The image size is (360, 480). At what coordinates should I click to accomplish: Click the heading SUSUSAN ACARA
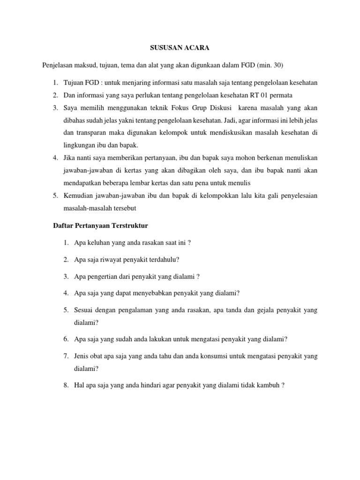click(180, 47)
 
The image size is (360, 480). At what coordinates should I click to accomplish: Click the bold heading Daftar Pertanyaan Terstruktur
click(99, 225)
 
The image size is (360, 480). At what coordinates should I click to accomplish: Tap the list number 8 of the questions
click(66, 385)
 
